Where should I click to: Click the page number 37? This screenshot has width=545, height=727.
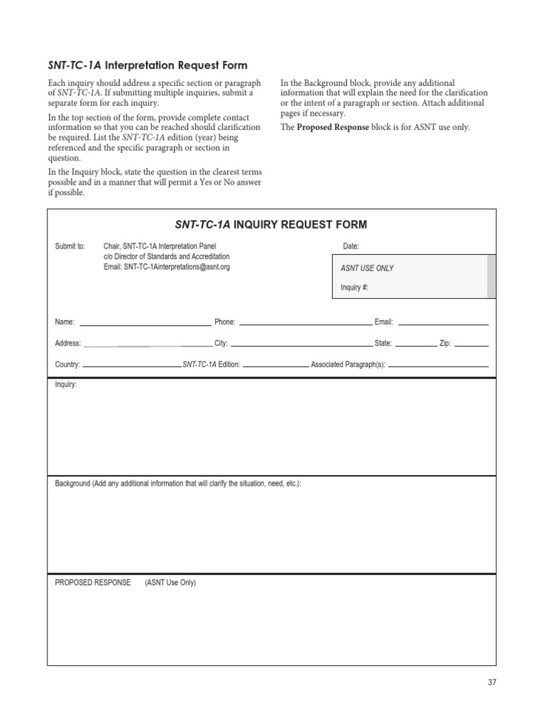pyautogui.click(x=492, y=682)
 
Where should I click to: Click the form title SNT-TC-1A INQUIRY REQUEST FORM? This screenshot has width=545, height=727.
pyautogui.click(x=271, y=225)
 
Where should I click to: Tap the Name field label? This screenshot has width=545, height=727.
pyautogui.click(x=65, y=322)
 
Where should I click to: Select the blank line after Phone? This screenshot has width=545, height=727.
pyautogui.click(x=305, y=324)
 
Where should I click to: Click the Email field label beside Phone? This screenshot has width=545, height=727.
pyautogui.click(x=383, y=322)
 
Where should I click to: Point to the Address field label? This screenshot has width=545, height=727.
pyautogui.click(x=67, y=343)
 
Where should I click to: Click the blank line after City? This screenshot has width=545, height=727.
pyautogui.click(x=301, y=344)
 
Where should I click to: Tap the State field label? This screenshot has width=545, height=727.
pyautogui.click(x=383, y=343)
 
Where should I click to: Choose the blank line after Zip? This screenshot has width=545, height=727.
pyautogui.click(x=471, y=344)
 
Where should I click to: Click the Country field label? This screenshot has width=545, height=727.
pyautogui.click(x=67, y=364)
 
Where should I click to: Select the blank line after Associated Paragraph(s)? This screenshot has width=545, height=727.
pyautogui.click(x=439, y=366)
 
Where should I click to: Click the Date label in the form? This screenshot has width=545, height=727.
pyautogui.click(x=351, y=246)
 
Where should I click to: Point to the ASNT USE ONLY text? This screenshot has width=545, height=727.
pyautogui.click(x=368, y=268)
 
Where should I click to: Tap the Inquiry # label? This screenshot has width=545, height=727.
pyautogui.click(x=355, y=288)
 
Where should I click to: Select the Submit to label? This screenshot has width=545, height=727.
pyautogui.click(x=70, y=246)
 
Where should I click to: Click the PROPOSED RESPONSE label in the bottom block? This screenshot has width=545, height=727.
pyautogui.click(x=93, y=583)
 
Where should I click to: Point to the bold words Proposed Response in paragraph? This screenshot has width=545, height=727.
pyautogui.click(x=333, y=128)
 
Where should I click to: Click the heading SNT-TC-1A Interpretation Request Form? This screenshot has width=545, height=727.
pyautogui.click(x=148, y=65)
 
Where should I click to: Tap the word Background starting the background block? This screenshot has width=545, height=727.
pyautogui.click(x=72, y=483)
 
